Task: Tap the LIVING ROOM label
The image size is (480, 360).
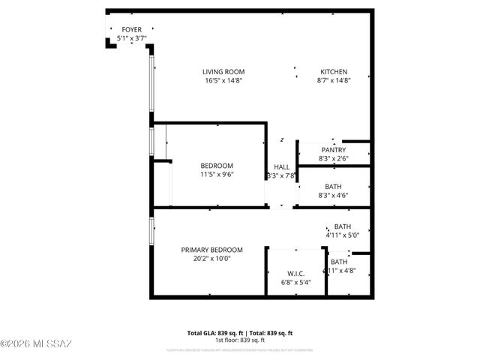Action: [223, 72]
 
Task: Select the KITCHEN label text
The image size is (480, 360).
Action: [334, 72]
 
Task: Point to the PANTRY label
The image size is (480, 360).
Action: [334, 149]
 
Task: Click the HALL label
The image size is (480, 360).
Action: [282, 167]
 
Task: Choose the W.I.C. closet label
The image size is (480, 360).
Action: [295, 273]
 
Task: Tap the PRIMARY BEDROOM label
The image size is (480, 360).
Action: [211, 250]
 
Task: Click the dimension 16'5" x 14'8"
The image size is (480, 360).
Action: [223, 81]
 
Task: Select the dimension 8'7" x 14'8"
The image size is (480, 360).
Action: [334, 81]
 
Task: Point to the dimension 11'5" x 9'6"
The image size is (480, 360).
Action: [217, 175]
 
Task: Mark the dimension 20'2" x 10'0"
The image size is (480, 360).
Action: [211, 259]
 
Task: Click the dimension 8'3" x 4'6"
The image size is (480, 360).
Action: [334, 196]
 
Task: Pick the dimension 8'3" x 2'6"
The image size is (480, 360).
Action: [334, 158]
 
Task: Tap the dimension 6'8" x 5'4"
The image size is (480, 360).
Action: [295, 282]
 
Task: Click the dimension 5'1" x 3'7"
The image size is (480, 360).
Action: [132, 37]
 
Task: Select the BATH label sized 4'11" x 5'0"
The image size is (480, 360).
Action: [342, 226]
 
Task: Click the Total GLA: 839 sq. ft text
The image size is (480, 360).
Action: [214, 333]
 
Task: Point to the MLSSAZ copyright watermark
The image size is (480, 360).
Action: [36, 344]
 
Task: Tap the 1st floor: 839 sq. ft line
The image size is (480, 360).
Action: [240, 340]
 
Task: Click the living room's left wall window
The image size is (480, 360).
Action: [151, 82]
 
